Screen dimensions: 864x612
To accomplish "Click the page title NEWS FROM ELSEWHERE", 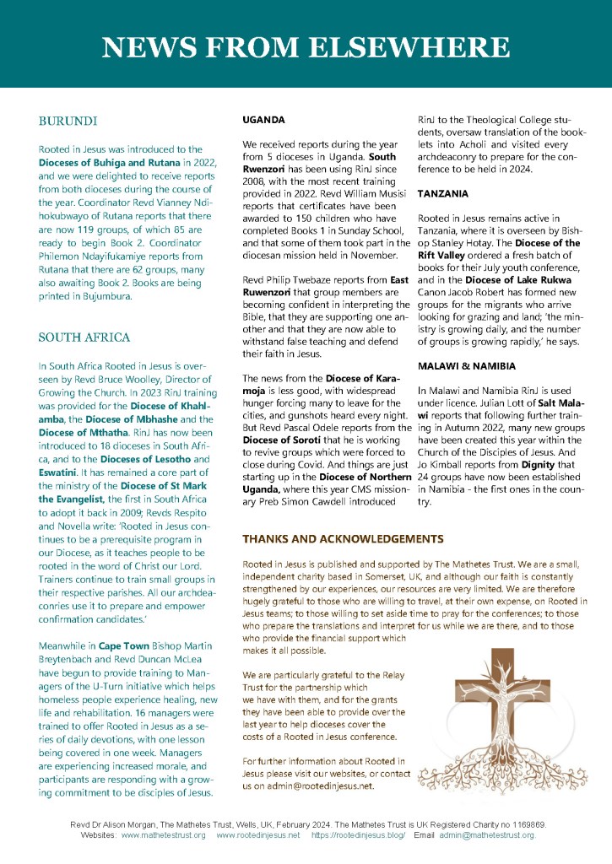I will pos(306,45).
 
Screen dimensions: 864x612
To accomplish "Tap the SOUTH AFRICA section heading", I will pos(84,337).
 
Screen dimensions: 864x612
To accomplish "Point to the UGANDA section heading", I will pos(263,120).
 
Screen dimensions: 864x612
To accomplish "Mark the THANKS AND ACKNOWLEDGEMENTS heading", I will pos(343,538).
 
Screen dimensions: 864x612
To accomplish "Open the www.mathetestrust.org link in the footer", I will pos(164,835).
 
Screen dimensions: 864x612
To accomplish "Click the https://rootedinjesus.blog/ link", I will pos(357,835).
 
